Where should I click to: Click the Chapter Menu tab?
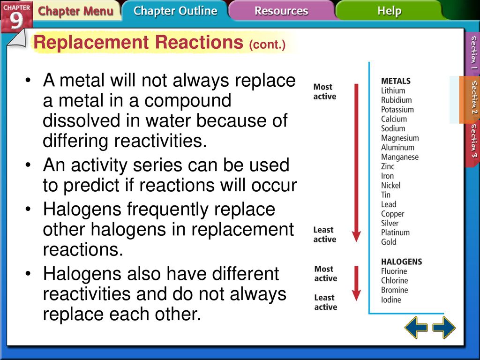pyautogui.click(x=75, y=11)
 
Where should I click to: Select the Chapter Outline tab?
pyautogui.click(x=175, y=11)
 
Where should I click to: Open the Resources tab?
pyautogui.click(x=281, y=11)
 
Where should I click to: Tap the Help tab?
pyautogui.click(x=389, y=11)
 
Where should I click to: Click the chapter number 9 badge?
pyautogui.click(x=16, y=16)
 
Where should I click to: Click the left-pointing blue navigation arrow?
pyautogui.click(x=416, y=327)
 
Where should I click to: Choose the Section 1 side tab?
pyautogui.click(x=473, y=52)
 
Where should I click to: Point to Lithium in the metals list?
pyautogui.click(x=393, y=90)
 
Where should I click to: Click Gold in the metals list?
pyautogui.click(x=389, y=242)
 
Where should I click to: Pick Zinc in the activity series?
pyautogui.click(x=388, y=166)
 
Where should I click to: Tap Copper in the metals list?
pyautogui.click(x=392, y=214)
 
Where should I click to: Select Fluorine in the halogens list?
pyautogui.click(x=394, y=271)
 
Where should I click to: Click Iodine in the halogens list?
pyautogui.click(x=391, y=300)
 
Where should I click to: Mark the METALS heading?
pyautogui.click(x=396, y=81)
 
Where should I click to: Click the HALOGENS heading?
pyautogui.click(x=402, y=262)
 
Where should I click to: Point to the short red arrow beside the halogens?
pyautogui.click(x=356, y=284)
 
